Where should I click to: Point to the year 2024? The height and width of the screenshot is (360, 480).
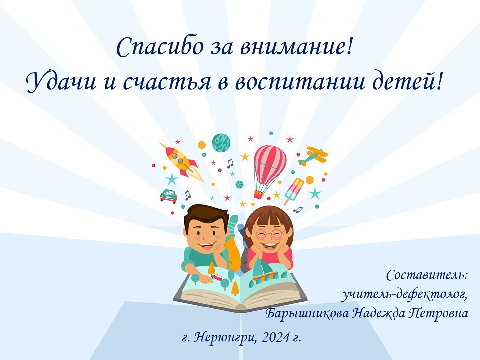pyautogui.click(x=275, y=338)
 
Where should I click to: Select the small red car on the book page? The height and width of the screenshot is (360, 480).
pyautogui.click(x=217, y=277)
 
